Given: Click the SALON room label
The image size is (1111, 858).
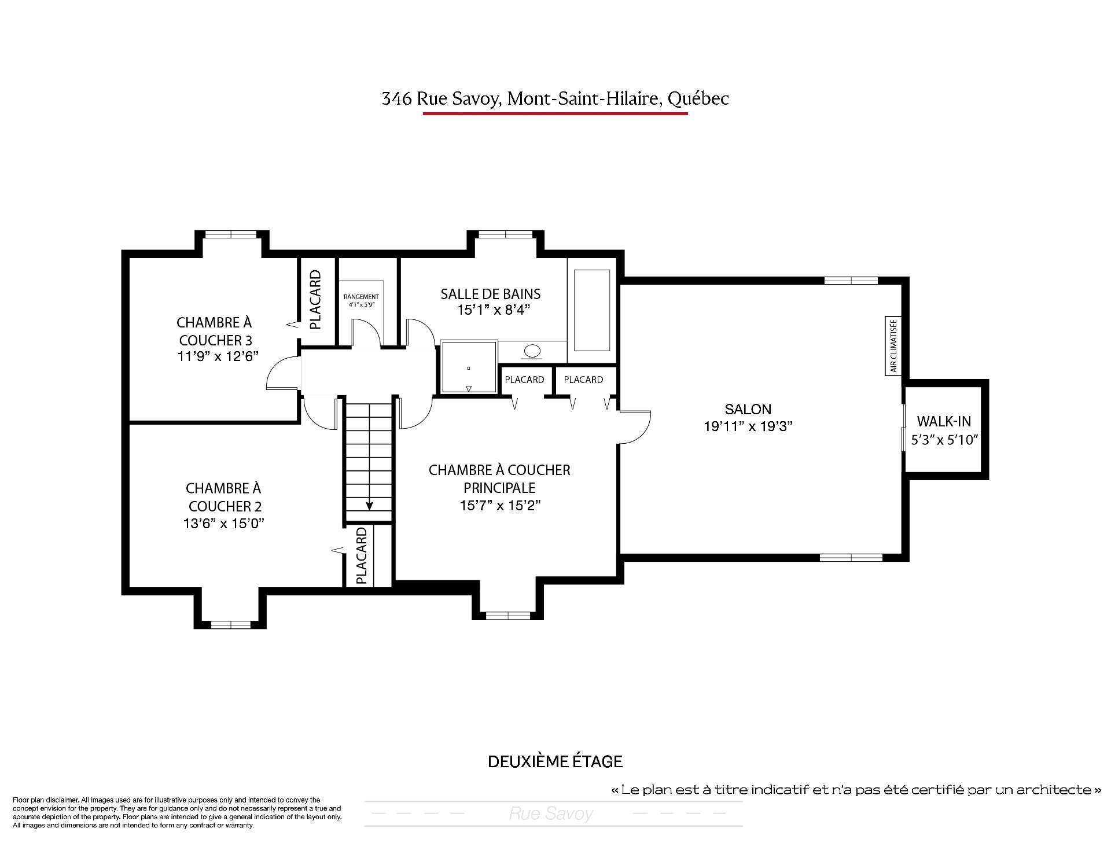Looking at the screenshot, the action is point(748,409).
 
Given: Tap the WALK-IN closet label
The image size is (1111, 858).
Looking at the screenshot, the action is point(944,421).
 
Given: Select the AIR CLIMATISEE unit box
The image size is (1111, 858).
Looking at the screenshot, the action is point(893,345).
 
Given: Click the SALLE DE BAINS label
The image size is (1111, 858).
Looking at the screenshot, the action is point(491,294).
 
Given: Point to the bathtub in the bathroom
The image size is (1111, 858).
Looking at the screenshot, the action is point(592,310).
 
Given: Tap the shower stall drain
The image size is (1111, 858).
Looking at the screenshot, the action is point(469,369).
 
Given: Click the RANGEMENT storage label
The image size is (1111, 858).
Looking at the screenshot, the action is point(361,297).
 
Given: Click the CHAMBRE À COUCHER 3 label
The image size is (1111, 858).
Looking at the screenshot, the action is point(215,331).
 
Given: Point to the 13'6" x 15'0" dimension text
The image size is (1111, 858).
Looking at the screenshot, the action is point(224,524).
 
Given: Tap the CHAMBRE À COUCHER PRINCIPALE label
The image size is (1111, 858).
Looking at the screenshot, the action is point(499,478).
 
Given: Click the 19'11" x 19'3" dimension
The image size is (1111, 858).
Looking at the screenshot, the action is point(748,426).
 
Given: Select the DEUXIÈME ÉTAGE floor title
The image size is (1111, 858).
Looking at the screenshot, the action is point(555,761).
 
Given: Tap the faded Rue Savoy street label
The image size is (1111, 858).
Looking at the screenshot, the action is point(551,814).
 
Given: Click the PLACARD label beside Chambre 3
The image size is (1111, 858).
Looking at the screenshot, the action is point(315,300).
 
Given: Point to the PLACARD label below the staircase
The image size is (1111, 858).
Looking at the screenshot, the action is point(361,555).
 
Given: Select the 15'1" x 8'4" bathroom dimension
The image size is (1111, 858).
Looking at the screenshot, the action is point(494,310).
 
